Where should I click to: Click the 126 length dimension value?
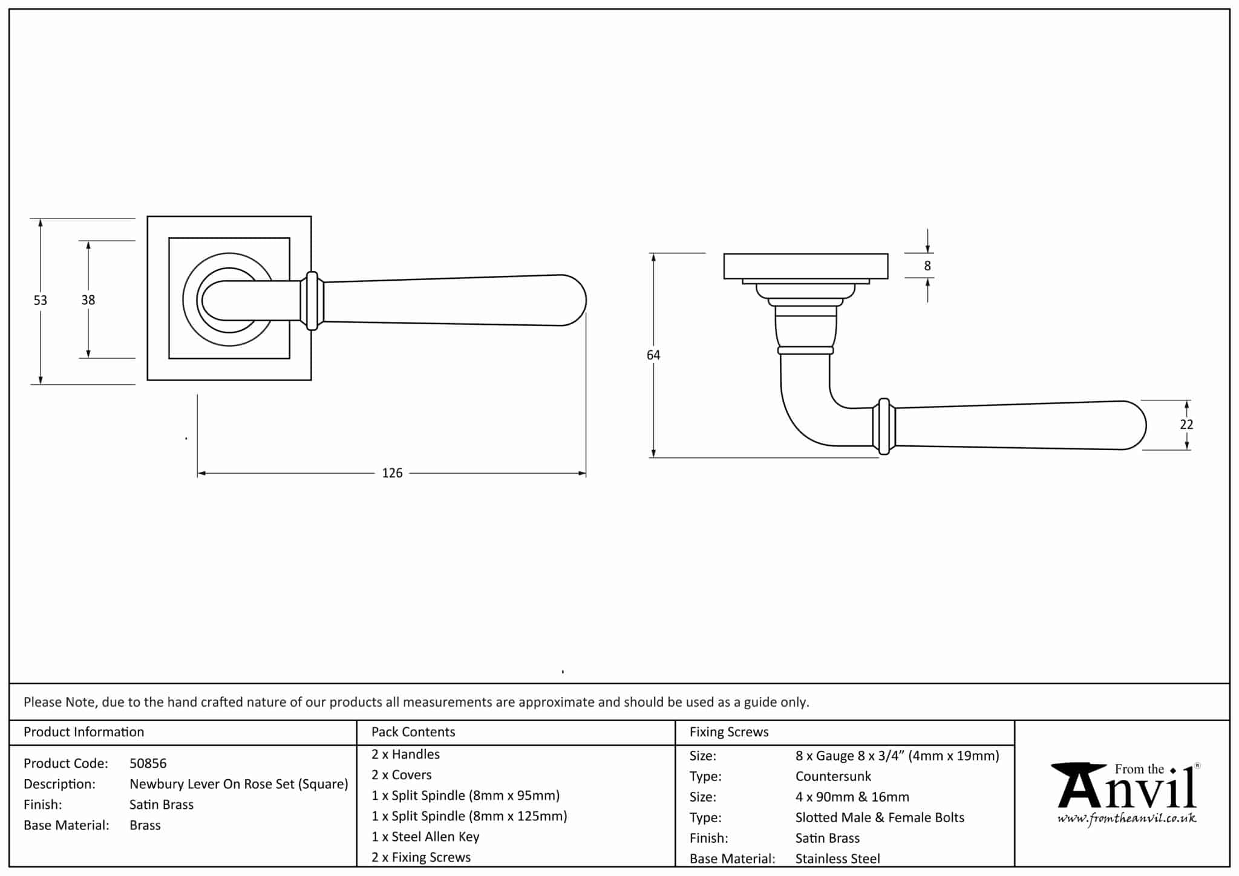tap(392, 473)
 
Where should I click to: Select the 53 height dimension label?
tap(40, 300)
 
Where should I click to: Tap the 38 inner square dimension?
tap(88, 300)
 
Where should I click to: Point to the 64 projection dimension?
tap(653, 355)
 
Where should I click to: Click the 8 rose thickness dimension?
tap(927, 266)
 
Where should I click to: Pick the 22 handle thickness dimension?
tap(1186, 425)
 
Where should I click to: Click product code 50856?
tap(148, 763)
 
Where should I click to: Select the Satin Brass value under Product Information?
tap(162, 805)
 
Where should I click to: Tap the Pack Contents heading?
tap(413, 732)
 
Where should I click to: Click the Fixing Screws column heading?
tap(729, 732)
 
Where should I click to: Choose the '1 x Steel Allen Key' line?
tap(425, 837)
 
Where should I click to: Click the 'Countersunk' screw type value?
tap(833, 776)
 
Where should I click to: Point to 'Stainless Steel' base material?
tap(837, 858)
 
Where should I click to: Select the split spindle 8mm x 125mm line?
tap(469, 816)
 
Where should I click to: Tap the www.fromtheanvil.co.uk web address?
tap(1127, 819)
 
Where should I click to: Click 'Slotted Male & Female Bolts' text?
tap(880, 817)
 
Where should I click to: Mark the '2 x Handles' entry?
tap(405, 754)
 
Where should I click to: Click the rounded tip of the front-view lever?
tap(578, 300)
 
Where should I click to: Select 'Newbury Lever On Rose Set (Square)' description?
tap(239, 784)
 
